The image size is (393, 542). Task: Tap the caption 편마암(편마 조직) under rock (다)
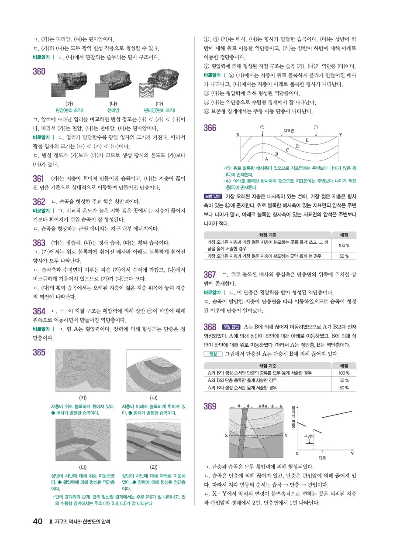(x=159, y=110)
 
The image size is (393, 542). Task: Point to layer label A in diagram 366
(x=266, y=159)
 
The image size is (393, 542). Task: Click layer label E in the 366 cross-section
(x=307, y=140)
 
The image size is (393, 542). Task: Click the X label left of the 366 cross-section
(x=238, y=135)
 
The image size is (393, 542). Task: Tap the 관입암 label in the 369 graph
(x=309, y=436)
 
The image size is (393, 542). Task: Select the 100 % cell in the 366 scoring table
(x=344, y=245)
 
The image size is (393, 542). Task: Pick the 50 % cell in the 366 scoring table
(x=344, y=256)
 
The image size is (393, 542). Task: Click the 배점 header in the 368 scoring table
(x=344, y=365)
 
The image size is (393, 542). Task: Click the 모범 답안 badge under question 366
(x=213, y=195)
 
